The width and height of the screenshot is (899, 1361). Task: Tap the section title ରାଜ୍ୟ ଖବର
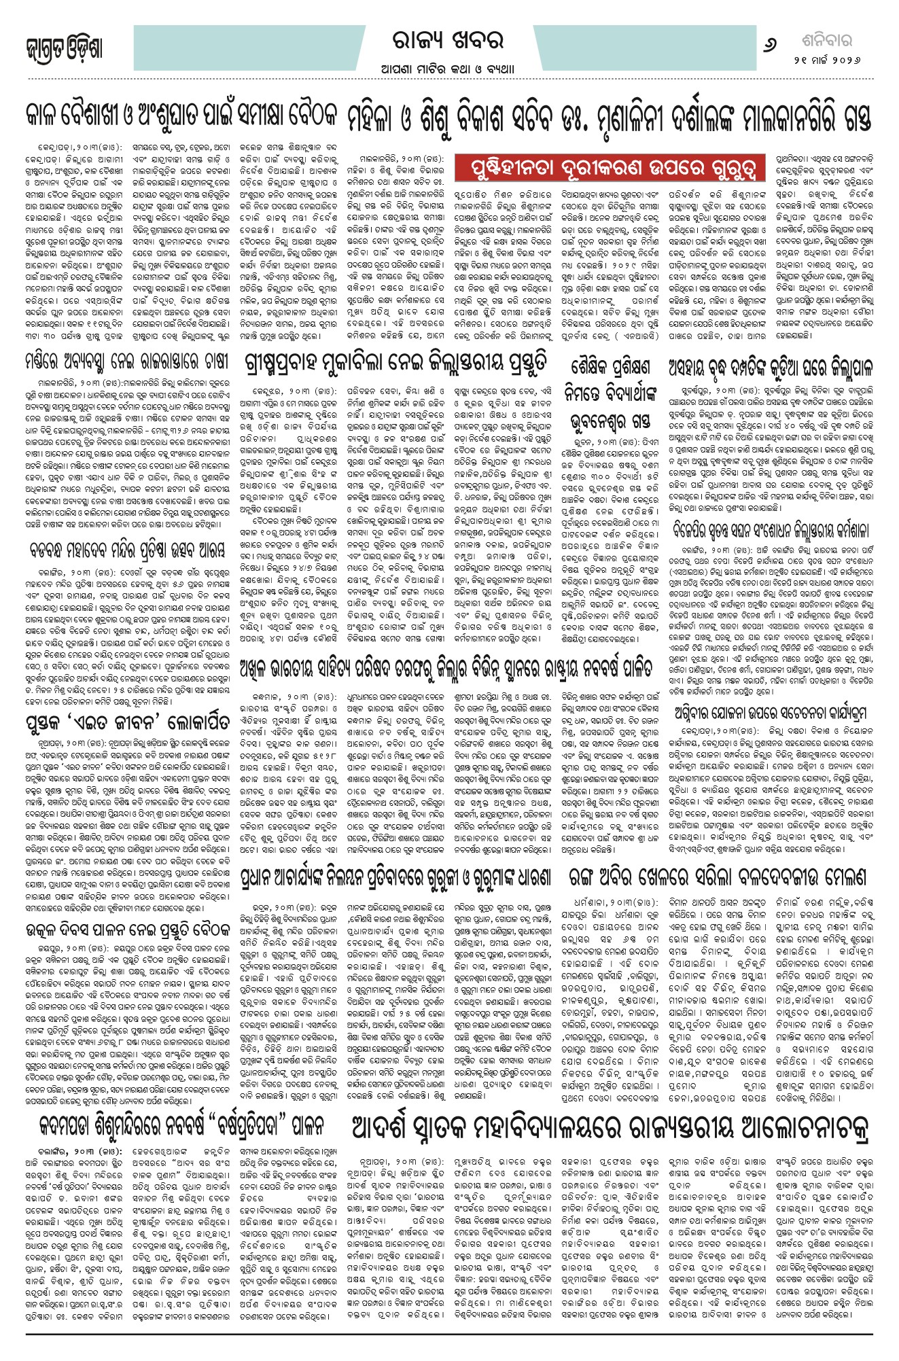click(x=449, y=41)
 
